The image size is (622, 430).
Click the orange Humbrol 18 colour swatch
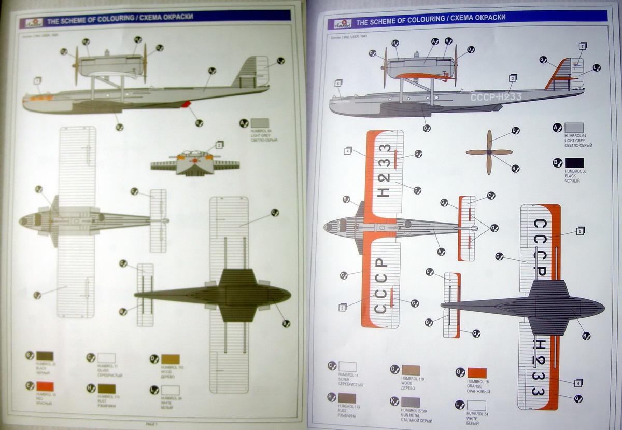(477, 373)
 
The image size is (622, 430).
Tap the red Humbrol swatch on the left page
(45, 386)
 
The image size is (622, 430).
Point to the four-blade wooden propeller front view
(489, 152)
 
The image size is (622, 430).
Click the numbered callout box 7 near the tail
(582, 47)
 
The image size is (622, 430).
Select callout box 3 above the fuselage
(512, 78)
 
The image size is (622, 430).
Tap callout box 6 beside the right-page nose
(338, 82)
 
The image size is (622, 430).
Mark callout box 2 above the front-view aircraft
(219, 145)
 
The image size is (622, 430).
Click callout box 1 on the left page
(37, 80)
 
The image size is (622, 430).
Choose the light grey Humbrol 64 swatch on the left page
(259, 123)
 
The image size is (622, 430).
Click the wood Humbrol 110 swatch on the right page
(411, 370)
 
